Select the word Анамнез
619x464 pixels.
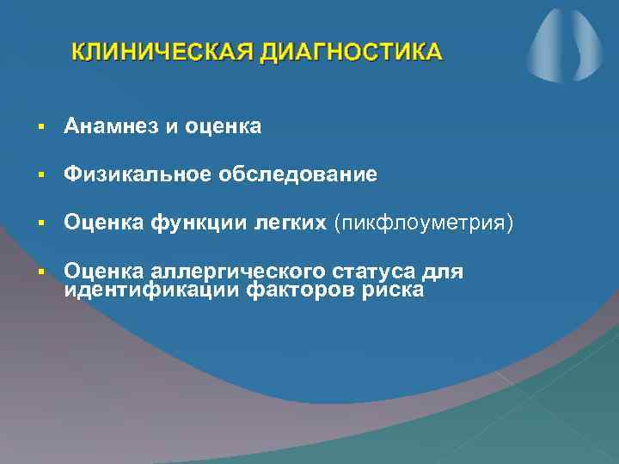(x=111, y=127)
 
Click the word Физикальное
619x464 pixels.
(x=137, y=175)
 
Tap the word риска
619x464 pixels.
(x=392, y=290)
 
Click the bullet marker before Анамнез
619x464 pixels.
(x=40, y=128)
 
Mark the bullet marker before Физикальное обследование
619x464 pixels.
(x=40, y=176)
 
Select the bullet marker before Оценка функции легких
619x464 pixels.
(x=40, y=224)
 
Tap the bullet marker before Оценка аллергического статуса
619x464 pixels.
(x=40, y=272)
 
